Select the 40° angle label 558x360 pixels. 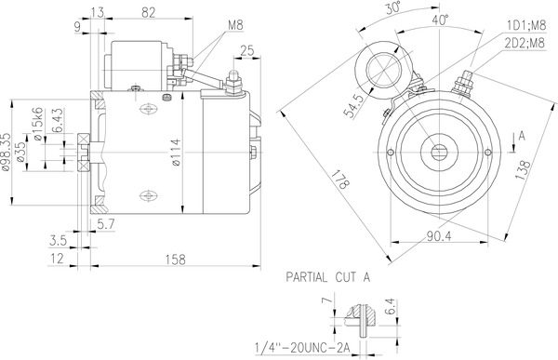pyautogui.click(x=438, y=20)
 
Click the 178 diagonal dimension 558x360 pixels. pyautogui.click(x=340, y=179)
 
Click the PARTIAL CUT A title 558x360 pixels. pyautogui.click(x=327, y=277)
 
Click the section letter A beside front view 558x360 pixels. pyautogui.click(x=522, y=136)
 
